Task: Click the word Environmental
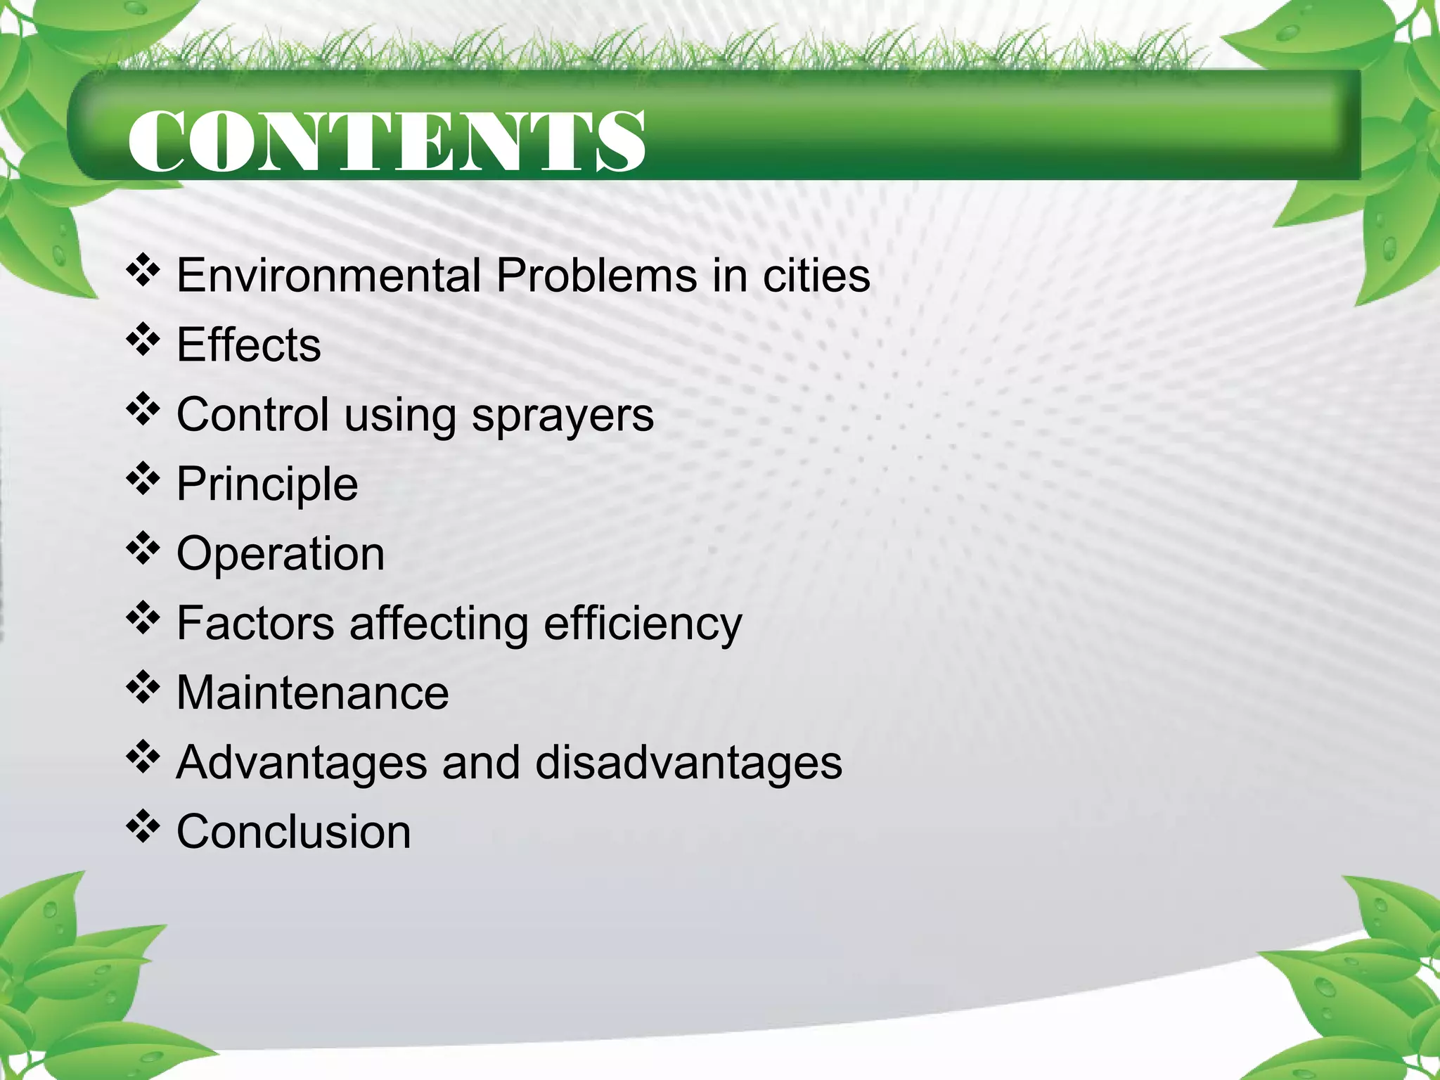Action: [x=328, y=275]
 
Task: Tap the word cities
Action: [x=816, y=275]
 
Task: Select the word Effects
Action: [x=248, y=345]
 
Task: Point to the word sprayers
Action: [x=562, y=415]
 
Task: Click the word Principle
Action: [x=267, y=484]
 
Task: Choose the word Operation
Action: [x=281, y=553]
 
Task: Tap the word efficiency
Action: [x=643, y=624]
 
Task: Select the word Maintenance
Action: [x=312, y=693]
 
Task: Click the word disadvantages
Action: [x=688, y=762]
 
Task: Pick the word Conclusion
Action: [x=293, y=832]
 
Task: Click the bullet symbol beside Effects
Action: [x=143, y=340]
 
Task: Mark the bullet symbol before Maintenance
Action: [x=143, y=688]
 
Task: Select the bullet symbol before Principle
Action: [x=143, y=479]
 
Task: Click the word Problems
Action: [x=596, y=275]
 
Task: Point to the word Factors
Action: [x=255, y=623]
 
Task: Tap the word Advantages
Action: [x=302, y=763]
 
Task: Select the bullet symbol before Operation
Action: [x=143, y=548]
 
